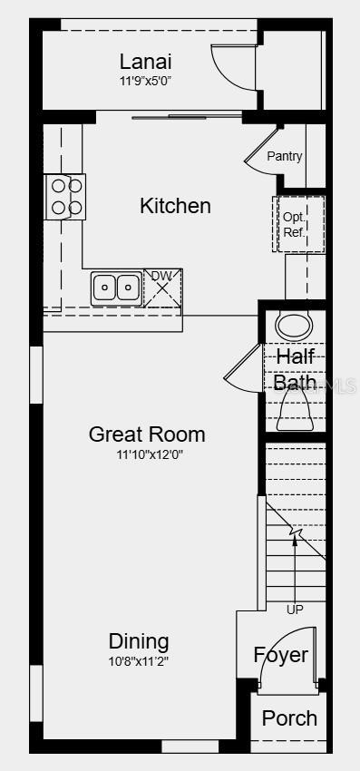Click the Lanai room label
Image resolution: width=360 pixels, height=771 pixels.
click(x=145, y=62)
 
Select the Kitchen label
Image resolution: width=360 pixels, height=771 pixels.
click(x=175, y=206)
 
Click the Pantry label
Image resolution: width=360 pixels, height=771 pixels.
click(x=284, y=156)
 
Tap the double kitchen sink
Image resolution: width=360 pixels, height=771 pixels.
click(x=116, y=288)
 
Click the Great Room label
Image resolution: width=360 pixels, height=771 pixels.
click(x=147, y=434)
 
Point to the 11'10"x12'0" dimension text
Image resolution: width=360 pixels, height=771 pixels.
click(x=147, y=454)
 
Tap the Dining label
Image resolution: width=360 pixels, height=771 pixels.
click(x=139, y=641)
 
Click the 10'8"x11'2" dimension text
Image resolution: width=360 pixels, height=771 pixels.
click(x=139, y=660)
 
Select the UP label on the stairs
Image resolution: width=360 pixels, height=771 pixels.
click(x=295, y=610)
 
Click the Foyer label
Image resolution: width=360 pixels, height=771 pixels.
click(x=280, y=655)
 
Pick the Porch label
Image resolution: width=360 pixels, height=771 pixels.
click(x=289, y=718)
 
